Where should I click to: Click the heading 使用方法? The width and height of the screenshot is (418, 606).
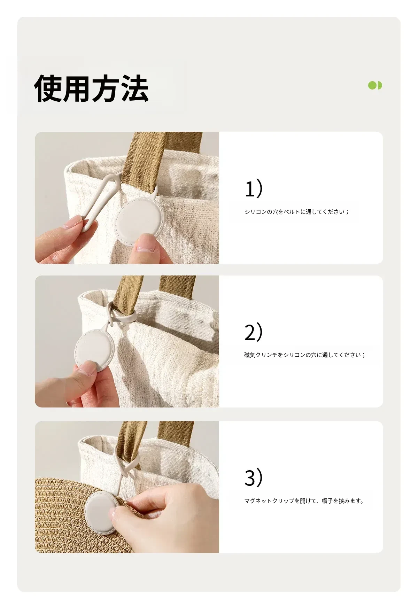(91, 88)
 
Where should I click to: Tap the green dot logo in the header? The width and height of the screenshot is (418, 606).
(375, 85)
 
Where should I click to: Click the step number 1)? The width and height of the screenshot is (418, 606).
(254, 188)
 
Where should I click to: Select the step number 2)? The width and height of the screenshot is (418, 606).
(254, 332)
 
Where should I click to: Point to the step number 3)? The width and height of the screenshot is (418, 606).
(254, 477)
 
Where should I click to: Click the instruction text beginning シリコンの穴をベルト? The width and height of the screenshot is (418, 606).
(296, 212)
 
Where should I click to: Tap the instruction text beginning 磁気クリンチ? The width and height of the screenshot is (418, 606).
(305, 355)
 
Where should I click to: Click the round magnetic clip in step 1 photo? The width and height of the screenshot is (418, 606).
(137, 221)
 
